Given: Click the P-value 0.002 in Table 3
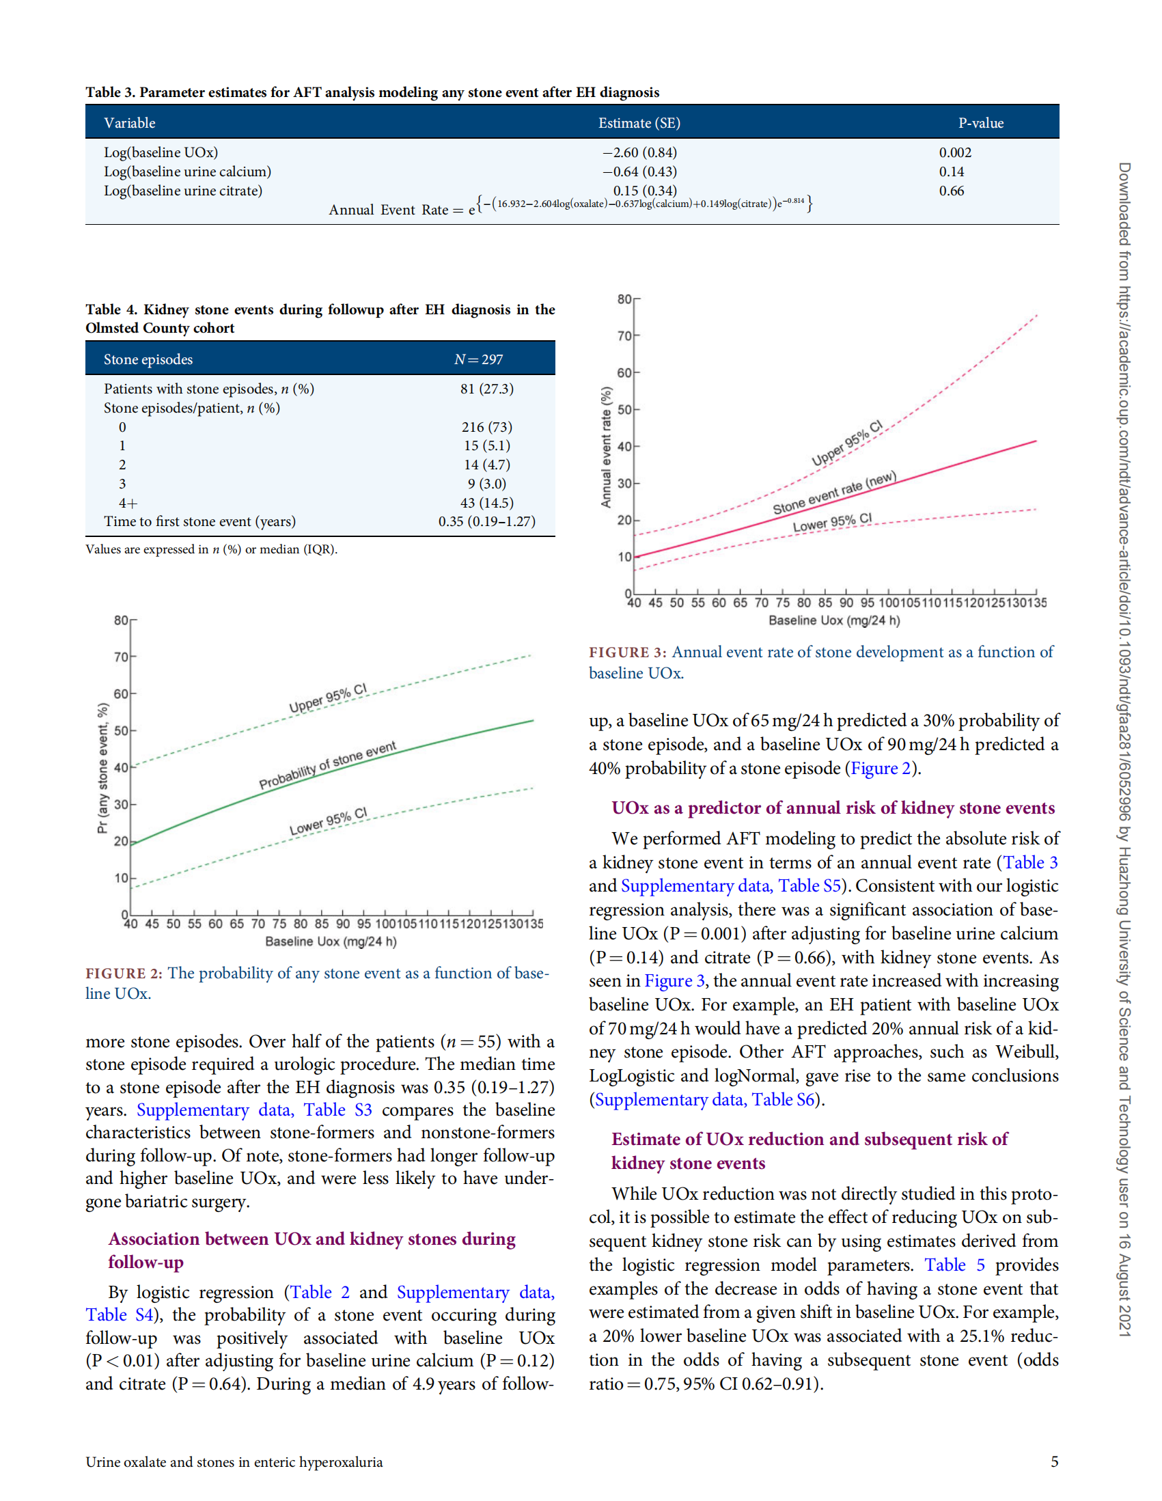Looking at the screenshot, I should click(954, 152).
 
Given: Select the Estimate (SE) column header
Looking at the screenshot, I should click(638, 123).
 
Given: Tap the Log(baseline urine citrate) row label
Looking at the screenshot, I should click(183, 191).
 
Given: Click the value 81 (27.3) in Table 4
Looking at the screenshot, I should click(486, 389).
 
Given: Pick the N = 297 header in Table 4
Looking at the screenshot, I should click(478, 359).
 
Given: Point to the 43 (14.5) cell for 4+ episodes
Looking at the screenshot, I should click(486, 503).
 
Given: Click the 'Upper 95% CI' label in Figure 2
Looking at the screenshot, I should click(328, 699).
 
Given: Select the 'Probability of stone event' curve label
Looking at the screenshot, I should click(327, 765).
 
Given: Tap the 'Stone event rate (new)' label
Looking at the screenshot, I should click(834, 493).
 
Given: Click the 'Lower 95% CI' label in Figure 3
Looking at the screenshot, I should click(832, 523).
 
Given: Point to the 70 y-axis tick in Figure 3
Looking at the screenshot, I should click(624, 336).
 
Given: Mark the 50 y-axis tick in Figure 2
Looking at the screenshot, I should click(121, 730).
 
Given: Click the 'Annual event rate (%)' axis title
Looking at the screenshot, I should click(605, 447).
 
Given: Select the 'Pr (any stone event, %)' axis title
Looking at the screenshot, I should click(102, 768).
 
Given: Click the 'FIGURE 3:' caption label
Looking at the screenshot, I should click(627, 652).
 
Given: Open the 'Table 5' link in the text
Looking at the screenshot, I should click(954, 1265).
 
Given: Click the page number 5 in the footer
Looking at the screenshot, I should click(1054, 1461).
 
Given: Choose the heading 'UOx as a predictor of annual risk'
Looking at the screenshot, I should click(833, 808).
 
